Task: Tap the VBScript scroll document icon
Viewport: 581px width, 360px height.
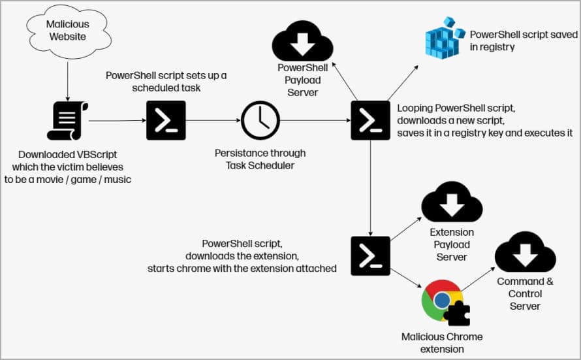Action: (67, 120)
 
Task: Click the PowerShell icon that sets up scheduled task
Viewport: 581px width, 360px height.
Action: (166, 120)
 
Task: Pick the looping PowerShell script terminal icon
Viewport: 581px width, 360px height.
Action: (370, 120)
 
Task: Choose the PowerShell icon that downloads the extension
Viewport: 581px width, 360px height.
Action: (370, 255)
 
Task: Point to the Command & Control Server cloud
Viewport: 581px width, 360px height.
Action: (525, 252)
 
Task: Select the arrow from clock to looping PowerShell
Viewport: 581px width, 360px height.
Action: (315, 120)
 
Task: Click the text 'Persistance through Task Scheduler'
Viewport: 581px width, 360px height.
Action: (260, 159)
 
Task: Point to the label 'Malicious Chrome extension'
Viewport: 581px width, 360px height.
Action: (442, 343)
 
